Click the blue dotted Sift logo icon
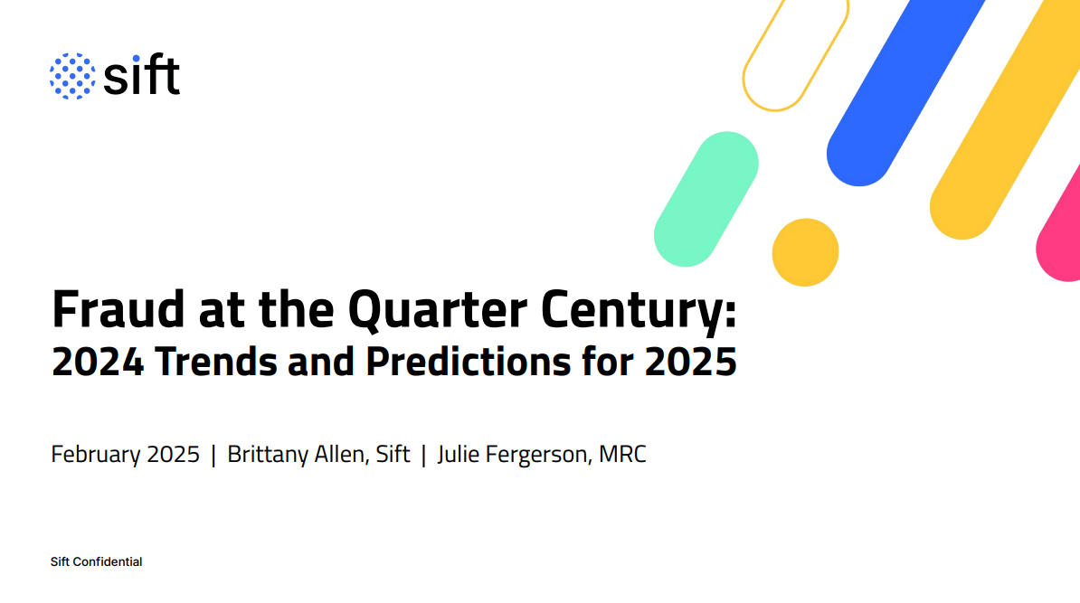(x=72, y=76)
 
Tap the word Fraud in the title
(x=118, y=309)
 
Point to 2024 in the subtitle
(x=98, y=362)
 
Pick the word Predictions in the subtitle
(x=469, y=362)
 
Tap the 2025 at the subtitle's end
(x=691, y=362)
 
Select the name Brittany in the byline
(x=268, y=455)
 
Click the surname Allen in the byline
(x=342, y=455)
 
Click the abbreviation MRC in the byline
(x=622, y=455)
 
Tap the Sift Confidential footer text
(x=97, y=561)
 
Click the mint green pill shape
(x=706, y=199)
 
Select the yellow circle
(x=805, y=252)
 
